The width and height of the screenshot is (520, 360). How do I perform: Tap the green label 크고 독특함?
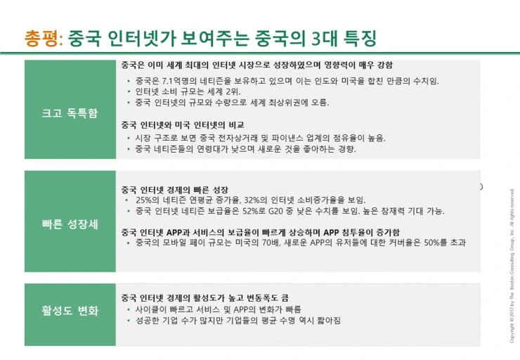coord(70,112)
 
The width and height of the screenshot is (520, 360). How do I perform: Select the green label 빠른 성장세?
coord(70,226)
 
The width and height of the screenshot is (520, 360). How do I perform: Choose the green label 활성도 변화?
coord(70,310)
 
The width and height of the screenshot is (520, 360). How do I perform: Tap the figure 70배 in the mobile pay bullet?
coord(276,243)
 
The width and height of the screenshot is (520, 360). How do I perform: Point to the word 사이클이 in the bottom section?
coord(151,309)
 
